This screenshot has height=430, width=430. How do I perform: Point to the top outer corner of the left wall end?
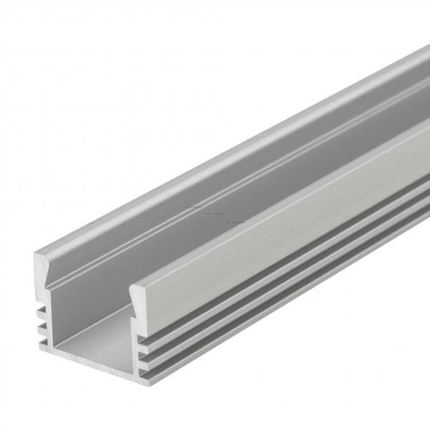35,253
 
